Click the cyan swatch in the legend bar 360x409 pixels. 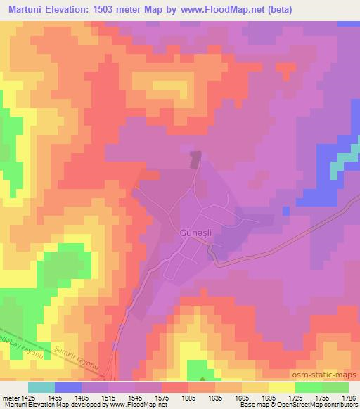click(41, 387)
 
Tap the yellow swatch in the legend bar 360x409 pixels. click(282, 387)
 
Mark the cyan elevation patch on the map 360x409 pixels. click(340, 163)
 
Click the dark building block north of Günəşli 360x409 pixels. click(195, 159)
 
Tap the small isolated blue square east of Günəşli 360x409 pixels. click(285, 210)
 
